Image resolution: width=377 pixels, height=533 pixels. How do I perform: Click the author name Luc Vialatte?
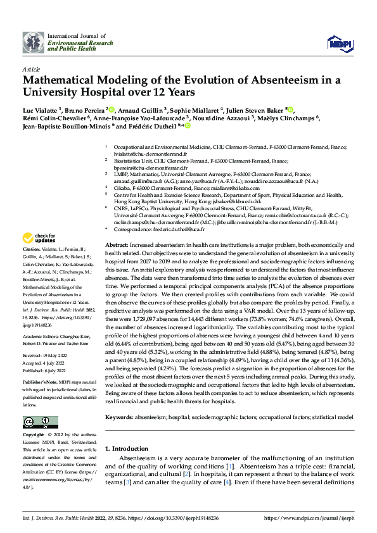click(x=39, y=109)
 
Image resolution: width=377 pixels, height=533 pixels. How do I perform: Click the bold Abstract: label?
click(x=116, y=244)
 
